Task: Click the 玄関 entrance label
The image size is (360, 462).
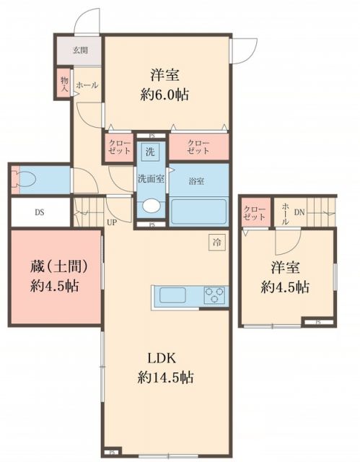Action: click(79, 51)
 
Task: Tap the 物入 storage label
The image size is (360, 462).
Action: click(63, 83)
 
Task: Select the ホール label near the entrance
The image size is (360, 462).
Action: click(87, 85)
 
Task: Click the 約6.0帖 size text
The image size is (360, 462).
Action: click(165, 95)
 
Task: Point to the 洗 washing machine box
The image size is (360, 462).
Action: click(150, 152)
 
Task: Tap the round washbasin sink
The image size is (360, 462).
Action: click(151, 206)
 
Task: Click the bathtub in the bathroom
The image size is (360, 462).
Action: click(198, 210)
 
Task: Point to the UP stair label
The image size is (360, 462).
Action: click(112, 222)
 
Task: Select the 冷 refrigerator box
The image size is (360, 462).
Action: click(218, 243)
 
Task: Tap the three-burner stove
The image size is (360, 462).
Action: click(214, 295)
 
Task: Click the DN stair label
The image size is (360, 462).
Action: click(299, 212)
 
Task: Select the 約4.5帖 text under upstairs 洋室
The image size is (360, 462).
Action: click(286, 287)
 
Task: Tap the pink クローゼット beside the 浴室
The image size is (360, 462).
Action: click(198, 147)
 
